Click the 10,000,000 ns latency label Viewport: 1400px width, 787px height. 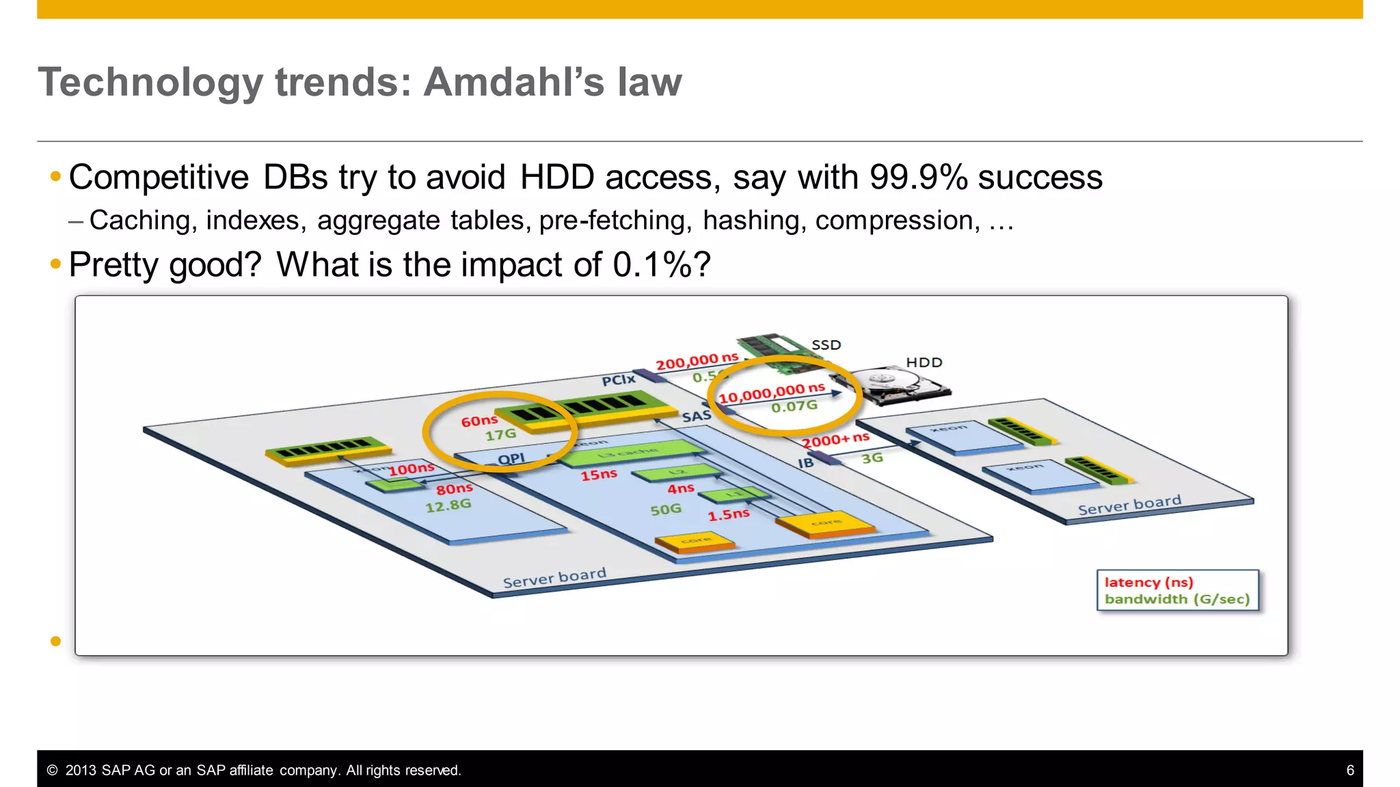click(771, 393)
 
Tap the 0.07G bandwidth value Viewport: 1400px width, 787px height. click(794, 407)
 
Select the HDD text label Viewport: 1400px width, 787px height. click(924, 363)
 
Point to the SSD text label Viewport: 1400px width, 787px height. click(826, 345)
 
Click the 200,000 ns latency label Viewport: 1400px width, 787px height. click(697, 361)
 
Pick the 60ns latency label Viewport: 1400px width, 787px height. click(479, 421)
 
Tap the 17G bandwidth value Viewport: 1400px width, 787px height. click(500, 435)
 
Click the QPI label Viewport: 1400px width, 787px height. click(511, 459)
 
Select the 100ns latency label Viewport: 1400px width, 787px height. click(412, 469)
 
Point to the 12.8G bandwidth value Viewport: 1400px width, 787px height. click(448, 506)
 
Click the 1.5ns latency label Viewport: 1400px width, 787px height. click(728, 514)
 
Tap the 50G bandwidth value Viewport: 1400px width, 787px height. click(665, 510)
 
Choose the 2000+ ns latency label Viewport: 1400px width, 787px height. click(835, 440)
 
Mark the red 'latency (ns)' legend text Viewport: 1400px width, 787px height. click(1148, 583)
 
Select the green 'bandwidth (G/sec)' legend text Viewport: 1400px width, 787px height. click(1176, 599)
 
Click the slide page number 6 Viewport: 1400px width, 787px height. click(1349, 771)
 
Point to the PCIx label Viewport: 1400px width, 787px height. click(618, 380)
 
